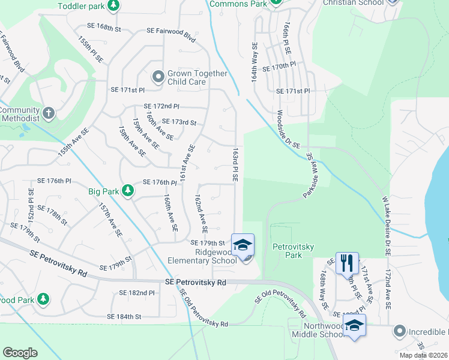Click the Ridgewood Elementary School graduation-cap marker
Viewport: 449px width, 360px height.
(243, 244)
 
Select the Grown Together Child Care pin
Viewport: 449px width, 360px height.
(158, 76)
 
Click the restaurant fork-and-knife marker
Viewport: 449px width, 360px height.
(346, 262)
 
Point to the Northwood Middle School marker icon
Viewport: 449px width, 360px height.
(355, 325)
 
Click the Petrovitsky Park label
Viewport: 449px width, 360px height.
(286, 251)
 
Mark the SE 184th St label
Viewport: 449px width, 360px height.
(124, 316)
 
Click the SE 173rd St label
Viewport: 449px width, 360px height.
(179, 122)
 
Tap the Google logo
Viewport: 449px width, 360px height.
(20, 352)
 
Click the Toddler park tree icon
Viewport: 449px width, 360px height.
(113, 5)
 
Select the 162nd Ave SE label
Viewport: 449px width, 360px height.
(200, 212)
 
